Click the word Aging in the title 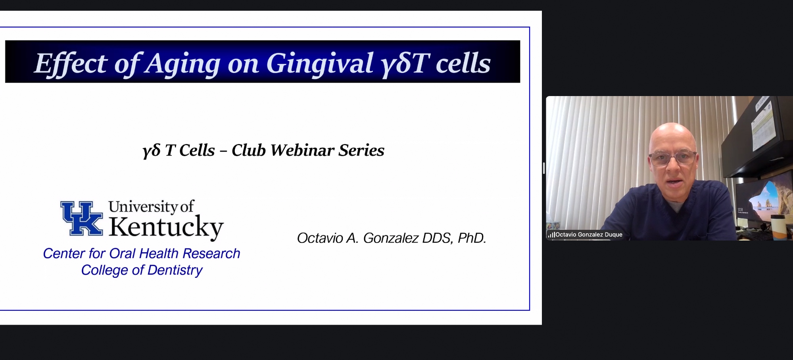pos(182,64)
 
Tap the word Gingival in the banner pos(320,64)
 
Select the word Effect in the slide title pos(71,64)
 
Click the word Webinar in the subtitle pos(302,150)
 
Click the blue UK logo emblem pos(82,218)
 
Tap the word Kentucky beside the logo pos(166,227)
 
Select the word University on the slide pos(143,206)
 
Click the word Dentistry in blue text pos(175,270)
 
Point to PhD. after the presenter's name pos(472,238)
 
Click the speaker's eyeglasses pos(672,158)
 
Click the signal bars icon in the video pos(551,235)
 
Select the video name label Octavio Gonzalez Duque pos(589,235)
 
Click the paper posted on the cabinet pos(762,126)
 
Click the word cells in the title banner pos(463,64)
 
